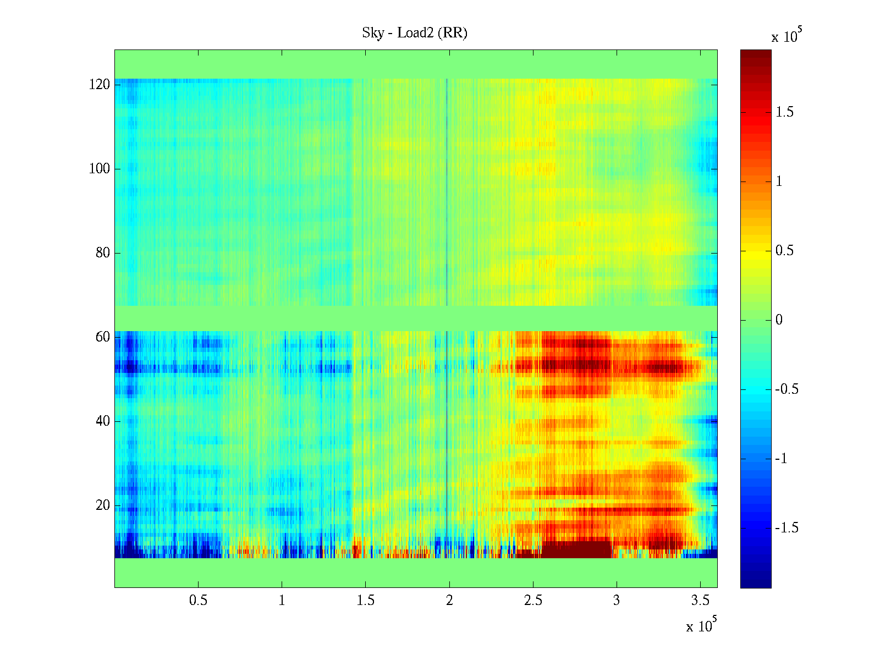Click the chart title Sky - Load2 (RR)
(414, 33)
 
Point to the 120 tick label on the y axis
(100, 85)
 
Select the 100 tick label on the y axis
(100, 169)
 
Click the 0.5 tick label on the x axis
(198, 601)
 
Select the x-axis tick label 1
(282, 601)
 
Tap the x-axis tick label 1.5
(366, 601)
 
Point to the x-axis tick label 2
(449, 601)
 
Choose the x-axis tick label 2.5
(533, 601)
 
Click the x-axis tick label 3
(617, 601)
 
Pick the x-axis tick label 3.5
(700, 601)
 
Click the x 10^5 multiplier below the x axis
(701, 625)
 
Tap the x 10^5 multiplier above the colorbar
(787, 36)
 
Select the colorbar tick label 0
(779, 320)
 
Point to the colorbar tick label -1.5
(787, 528)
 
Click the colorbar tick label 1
(779, 182)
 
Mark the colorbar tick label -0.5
(787, 389)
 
